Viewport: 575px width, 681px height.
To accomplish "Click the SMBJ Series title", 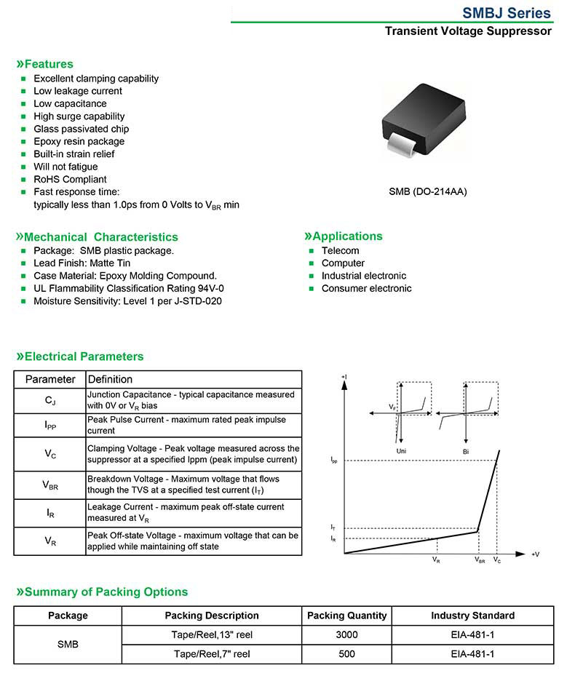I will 507,13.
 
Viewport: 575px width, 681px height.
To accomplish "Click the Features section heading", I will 45,64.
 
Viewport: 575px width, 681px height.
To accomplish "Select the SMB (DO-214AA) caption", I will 428,192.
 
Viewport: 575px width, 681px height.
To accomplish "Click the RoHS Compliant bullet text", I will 70,179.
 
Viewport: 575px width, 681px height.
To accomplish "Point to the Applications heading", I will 343,236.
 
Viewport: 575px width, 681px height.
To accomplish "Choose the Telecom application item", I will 340,250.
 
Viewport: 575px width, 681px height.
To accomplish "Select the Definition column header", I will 110,379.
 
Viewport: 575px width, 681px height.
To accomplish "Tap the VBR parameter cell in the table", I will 50,485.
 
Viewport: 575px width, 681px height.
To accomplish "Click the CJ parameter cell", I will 50,400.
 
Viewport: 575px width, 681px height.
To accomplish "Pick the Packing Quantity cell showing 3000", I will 346,634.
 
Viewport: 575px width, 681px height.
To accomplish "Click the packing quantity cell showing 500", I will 346,654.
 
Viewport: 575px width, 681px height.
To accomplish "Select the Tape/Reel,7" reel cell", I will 212,654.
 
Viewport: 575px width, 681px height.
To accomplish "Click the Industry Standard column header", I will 472,616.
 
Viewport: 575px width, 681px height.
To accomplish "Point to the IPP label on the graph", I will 333,461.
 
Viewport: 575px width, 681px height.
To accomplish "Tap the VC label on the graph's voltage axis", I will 497,560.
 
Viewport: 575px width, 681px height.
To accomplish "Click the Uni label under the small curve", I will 401,452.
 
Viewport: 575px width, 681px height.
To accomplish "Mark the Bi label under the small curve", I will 466,452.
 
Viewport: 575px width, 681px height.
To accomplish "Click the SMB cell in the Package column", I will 68,645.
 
